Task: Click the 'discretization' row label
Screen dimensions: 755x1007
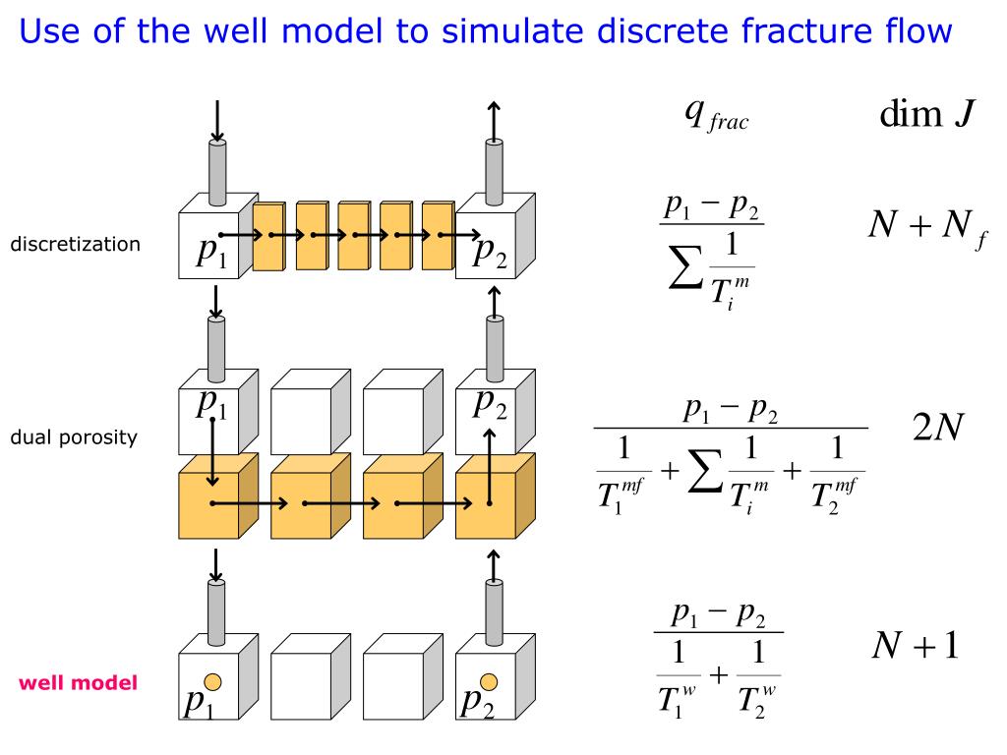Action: pyautogui.click(x=75, y=244)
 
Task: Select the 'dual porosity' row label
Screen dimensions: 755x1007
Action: pyautogui.click(x=74, y=437)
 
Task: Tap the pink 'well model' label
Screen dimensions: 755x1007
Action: pyautogui.click(x=78, y=682)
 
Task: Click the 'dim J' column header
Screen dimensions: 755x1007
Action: pyautogui.click(x=926, y=116)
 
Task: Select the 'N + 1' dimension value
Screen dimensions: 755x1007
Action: pyautogui.click(x=915, y=646)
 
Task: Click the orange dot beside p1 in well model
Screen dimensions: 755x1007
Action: pyautogui.click(x=212, y=681)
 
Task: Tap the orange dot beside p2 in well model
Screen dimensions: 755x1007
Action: pyautogui.click(x=489, y=681)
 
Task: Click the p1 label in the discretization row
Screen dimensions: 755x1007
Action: pyautogui.click(x=210, y=253)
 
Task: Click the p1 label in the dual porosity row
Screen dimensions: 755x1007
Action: pyautogui.click(x=210, y=403)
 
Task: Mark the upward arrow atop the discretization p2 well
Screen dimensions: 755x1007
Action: pyautogui.click(x=494, y=118)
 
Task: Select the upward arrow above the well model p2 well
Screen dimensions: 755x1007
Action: pyautogui.click(x=494, y=564)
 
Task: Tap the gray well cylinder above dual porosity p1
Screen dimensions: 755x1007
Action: pyautogui.click(x=217, y=347)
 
